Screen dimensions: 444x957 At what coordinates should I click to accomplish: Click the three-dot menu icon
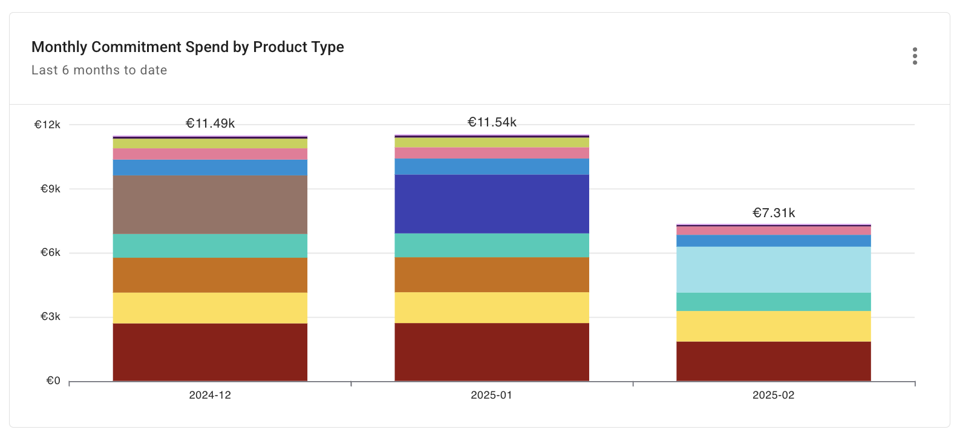(915, 56)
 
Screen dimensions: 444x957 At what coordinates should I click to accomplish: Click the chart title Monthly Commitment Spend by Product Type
(188, 47)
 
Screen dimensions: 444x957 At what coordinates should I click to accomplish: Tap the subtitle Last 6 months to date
(99, 70)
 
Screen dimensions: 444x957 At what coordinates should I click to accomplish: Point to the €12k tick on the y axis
(47, 125)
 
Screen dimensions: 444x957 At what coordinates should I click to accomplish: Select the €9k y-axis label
(50, 189)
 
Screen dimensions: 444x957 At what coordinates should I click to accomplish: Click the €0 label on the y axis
(53, 380)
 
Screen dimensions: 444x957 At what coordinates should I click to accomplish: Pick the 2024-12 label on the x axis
(210, 395)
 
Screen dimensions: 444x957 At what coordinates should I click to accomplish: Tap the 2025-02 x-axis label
(773, 395)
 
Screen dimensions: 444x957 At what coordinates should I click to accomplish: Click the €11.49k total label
(210, 123)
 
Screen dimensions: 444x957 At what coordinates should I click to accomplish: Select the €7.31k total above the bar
(773, 213)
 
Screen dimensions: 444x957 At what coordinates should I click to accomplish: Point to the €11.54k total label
(492, 122)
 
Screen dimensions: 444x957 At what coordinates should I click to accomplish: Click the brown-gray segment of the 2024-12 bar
(210, 204)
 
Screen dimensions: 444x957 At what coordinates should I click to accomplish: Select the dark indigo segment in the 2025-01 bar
(492, 204)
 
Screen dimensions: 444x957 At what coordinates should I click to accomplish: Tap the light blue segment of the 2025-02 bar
(773, 270)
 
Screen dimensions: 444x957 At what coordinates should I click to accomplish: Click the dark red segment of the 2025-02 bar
(773, 361)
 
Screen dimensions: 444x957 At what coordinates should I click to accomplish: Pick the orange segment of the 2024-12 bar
(210, 275)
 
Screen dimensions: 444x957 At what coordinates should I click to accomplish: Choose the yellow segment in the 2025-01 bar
(492, 307)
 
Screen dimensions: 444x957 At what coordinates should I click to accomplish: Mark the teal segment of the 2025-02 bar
(773, 302)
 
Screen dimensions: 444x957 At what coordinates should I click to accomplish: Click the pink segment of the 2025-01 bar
(492, 153)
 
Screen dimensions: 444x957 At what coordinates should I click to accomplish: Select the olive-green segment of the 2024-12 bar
(210, 144)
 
